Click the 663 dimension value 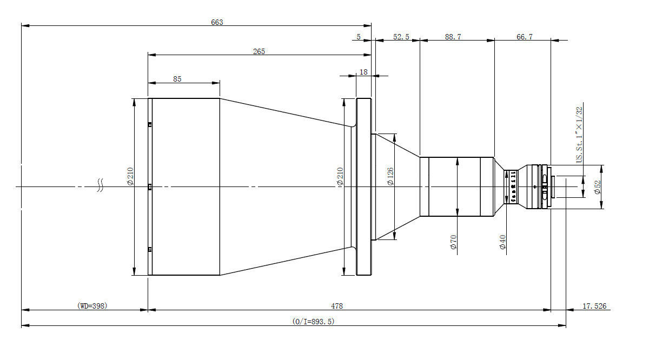217,22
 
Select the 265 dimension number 259,51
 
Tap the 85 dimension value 177,79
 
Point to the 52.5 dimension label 401,37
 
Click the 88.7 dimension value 453,37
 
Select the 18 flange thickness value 363,72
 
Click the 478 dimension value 337,306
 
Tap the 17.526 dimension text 594,306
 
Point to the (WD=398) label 93,306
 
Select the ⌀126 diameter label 390,177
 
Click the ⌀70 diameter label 453,244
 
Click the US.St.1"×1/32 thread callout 579,135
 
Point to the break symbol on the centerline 100,186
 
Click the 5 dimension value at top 359,37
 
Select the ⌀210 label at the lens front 130,176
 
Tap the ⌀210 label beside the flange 340,177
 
